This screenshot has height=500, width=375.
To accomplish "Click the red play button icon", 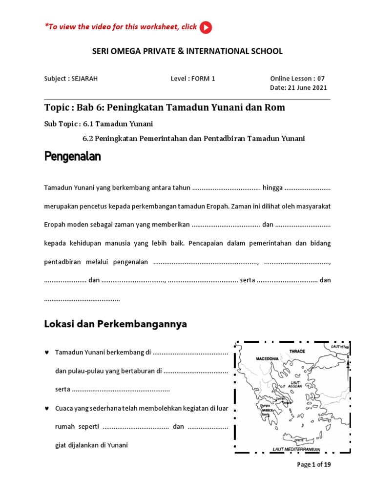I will coord(206,28).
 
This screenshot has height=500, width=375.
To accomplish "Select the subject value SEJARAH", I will coord(84,79).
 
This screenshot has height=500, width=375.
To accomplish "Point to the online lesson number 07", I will coord(320,79).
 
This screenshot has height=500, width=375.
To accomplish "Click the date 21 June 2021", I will coord(306,88).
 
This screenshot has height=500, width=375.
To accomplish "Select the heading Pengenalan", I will coord(72,157).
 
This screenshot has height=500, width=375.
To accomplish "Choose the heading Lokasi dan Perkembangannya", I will coord(116,324).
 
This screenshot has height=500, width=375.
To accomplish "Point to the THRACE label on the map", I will coord(297,352).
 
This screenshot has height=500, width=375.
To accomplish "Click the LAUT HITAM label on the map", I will coord(340,347).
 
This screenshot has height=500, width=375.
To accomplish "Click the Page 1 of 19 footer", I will coord(314,465).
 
